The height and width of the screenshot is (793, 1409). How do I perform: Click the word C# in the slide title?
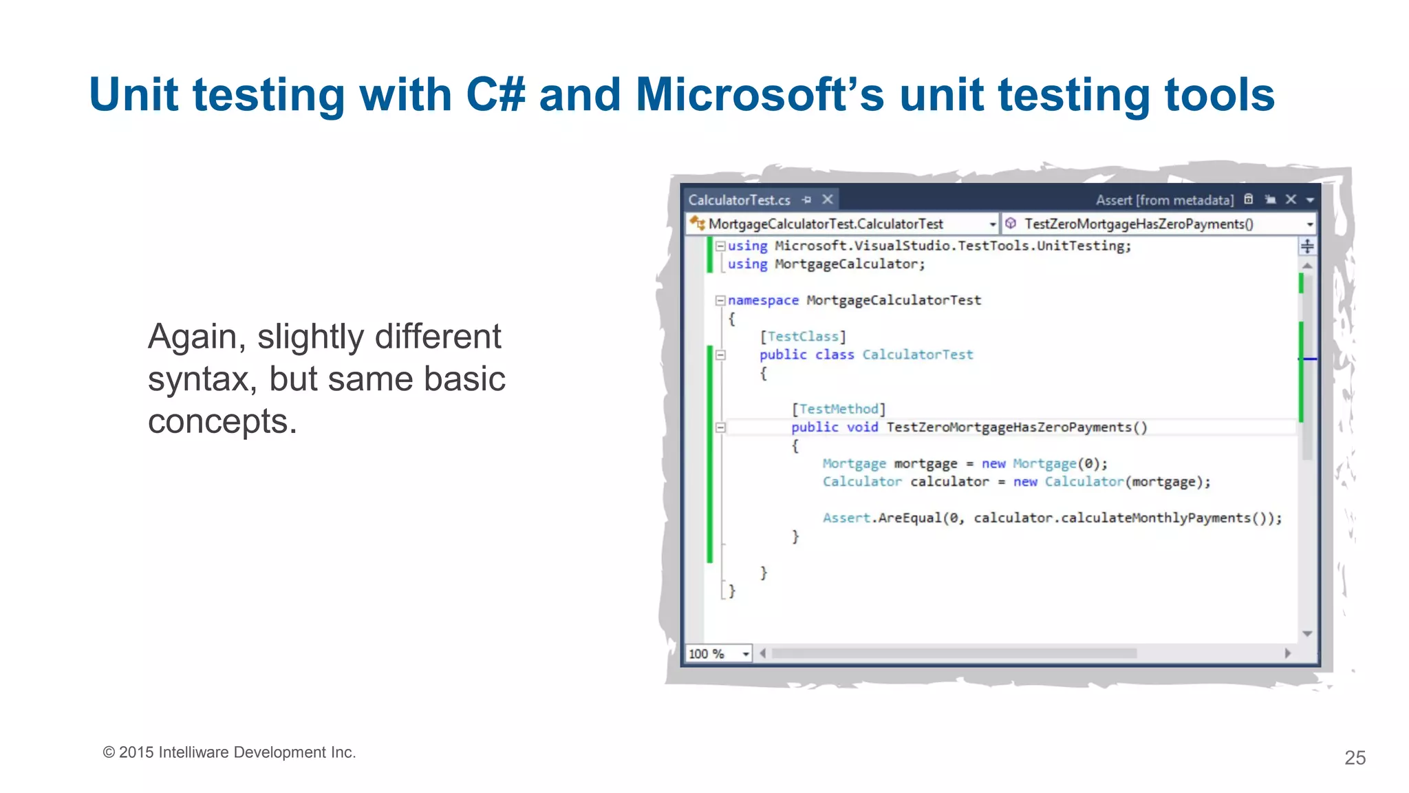click(495, 94)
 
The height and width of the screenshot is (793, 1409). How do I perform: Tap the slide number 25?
click(1355, 758)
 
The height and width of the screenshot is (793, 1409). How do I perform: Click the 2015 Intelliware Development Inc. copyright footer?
click(229, 752)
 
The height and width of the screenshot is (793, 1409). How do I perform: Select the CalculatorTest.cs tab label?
click(739, 200)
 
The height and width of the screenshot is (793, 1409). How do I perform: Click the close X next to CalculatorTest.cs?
click(828, 200)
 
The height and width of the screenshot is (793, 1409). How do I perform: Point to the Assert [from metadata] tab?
click(1164, 200)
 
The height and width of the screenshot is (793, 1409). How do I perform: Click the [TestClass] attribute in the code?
click(802, 337)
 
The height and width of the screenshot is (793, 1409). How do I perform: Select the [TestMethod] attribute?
click(838, 409)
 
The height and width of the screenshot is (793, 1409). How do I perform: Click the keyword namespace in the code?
click(763, 301)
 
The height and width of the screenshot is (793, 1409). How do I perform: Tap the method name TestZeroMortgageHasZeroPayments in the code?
click(1009, 427)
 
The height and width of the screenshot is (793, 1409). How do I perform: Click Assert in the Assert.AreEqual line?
click(846, 518)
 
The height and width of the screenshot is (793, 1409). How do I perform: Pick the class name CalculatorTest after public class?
click(918, 355)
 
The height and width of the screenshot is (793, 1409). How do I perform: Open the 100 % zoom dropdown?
click(746, 654)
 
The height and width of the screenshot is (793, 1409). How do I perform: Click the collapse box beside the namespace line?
click(720, 300)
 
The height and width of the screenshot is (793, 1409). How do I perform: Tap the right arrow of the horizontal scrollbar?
click(1288, 653)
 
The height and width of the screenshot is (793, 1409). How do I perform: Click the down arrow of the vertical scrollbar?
click(1307, 633)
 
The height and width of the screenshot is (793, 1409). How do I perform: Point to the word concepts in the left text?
click(222, 421)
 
